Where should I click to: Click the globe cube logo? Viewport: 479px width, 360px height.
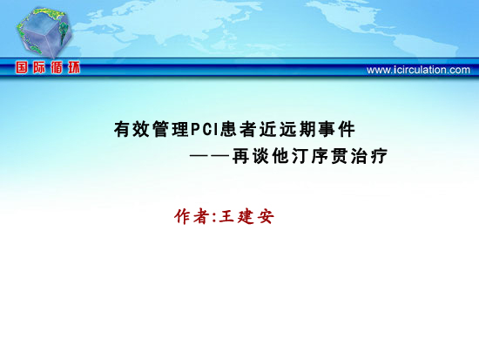pos(44,33)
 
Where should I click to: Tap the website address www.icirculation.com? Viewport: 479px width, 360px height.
pos(418,70)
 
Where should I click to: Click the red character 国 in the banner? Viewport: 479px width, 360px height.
pos(22,67)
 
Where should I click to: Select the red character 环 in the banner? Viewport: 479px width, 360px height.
pos(74,67)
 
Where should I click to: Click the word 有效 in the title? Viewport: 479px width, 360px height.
pos(132,129)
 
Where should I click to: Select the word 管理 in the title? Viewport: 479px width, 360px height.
pos(171,129)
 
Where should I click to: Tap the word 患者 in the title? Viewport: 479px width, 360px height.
pos(239,129)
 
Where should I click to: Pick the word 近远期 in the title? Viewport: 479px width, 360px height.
pos(287,129)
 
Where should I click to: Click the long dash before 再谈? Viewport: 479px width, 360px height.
pos(210,156)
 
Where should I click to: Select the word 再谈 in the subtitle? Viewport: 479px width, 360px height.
pos(251,156)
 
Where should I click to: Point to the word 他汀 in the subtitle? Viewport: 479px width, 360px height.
pos(290,156)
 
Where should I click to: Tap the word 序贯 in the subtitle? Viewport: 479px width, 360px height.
pos(330,156)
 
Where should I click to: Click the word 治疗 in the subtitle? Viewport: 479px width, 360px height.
pos(369,156)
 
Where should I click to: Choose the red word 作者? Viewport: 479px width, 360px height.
pos(192,216)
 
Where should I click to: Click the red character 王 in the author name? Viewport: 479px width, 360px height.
pos(226,216)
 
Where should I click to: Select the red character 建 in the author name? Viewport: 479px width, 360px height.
pos(246,216)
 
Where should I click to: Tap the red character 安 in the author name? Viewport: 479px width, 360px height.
pos(266,216)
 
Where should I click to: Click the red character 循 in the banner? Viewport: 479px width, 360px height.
pos(57,67)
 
